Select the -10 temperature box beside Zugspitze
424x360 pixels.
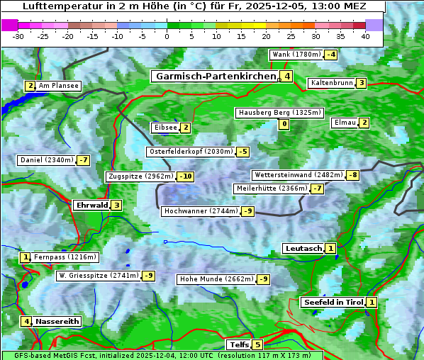(186, 176)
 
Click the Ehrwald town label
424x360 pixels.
(91, 206)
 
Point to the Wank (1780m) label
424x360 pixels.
(296, 55)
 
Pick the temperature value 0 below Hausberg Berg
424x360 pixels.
(284, 125)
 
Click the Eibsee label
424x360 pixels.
(165, 128)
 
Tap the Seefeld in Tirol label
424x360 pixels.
(333, 302)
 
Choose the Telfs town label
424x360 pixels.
(238, 345)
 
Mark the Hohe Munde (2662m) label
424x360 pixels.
(216, 279)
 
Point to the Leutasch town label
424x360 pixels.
(303, 248)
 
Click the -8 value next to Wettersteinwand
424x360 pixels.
(352, 175)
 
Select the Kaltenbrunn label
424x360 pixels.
(331, 83)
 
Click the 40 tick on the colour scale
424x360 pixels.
(365, 36)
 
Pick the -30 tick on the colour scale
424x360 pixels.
(18, 36)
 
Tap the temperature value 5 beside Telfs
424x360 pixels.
(257, 345)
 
